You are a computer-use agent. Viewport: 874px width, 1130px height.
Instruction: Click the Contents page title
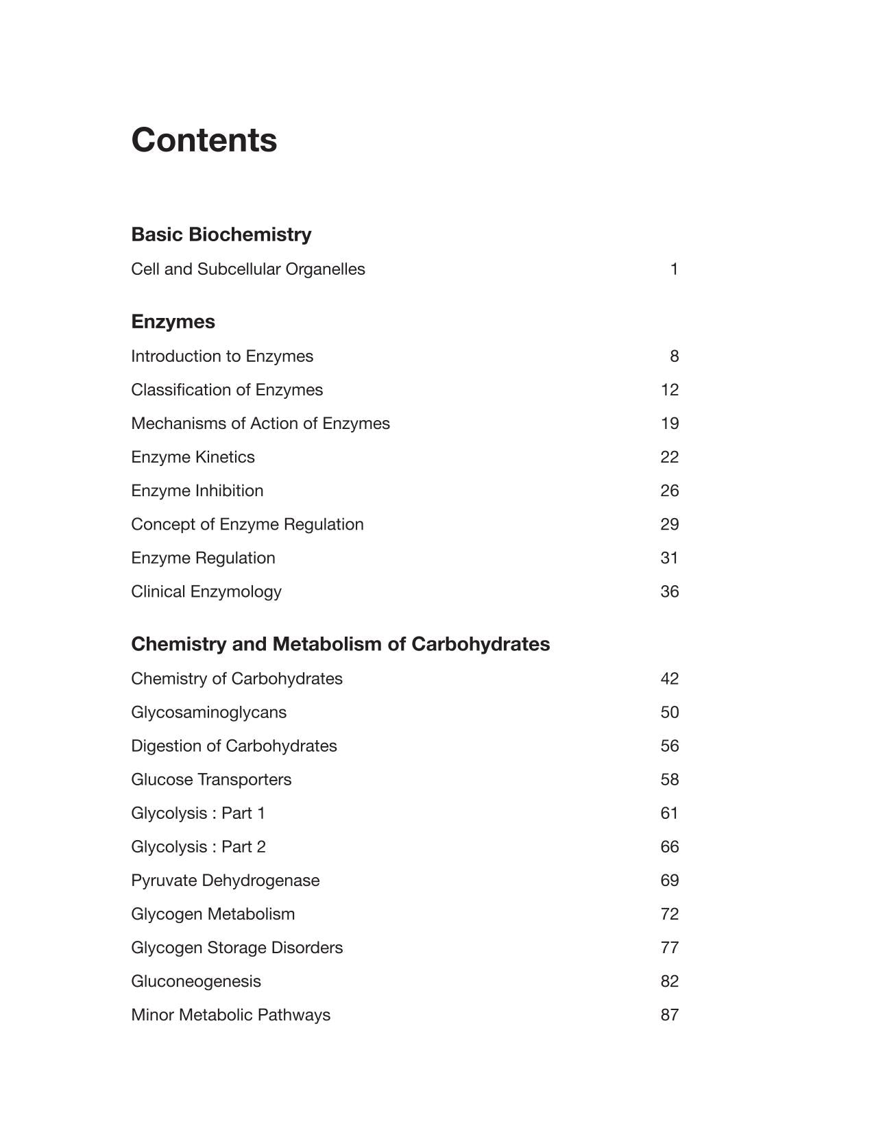(x=204, y=140)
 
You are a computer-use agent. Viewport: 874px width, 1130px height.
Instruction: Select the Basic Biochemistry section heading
(x=221, y=234)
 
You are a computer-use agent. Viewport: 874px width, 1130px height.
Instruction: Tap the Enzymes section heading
(x=173, y=321)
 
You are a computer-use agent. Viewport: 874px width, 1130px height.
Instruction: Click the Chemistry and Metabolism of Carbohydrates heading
(x=340, y=644)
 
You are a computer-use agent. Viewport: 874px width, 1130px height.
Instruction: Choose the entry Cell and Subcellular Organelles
(x=247, y=269)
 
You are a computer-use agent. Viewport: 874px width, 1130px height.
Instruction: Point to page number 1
(x=674, y=269)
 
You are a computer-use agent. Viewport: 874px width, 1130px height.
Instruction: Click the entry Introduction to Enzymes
(x=222, y=356)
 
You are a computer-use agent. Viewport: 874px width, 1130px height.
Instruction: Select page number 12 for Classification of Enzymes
(x=669, y=390)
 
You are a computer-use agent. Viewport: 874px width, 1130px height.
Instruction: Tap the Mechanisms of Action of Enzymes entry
(x=260, y=423)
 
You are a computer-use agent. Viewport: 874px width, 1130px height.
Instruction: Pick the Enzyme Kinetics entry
(x=193, y=457)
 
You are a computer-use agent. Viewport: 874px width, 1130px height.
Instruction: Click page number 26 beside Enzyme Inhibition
(x=669, y=491)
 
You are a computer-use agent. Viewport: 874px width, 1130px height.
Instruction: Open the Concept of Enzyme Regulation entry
(x=247, y=524)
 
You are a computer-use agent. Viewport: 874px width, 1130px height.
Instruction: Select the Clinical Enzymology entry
(x=206, y=591)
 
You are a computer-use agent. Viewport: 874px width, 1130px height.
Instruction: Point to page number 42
(x=669, y=678)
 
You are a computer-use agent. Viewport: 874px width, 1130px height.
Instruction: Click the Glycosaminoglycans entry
(x=208, y=712)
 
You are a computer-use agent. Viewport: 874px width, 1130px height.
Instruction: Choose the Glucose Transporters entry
(x=211, y=779)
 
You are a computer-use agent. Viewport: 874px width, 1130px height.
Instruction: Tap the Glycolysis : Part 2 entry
(x=198, y=847)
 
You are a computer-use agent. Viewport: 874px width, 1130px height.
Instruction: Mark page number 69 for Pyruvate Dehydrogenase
(x=669, y=881)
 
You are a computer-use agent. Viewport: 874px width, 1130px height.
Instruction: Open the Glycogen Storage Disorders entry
(x=236, y=948)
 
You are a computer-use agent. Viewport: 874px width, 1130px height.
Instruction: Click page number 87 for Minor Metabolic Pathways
(x=669, y=1015)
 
